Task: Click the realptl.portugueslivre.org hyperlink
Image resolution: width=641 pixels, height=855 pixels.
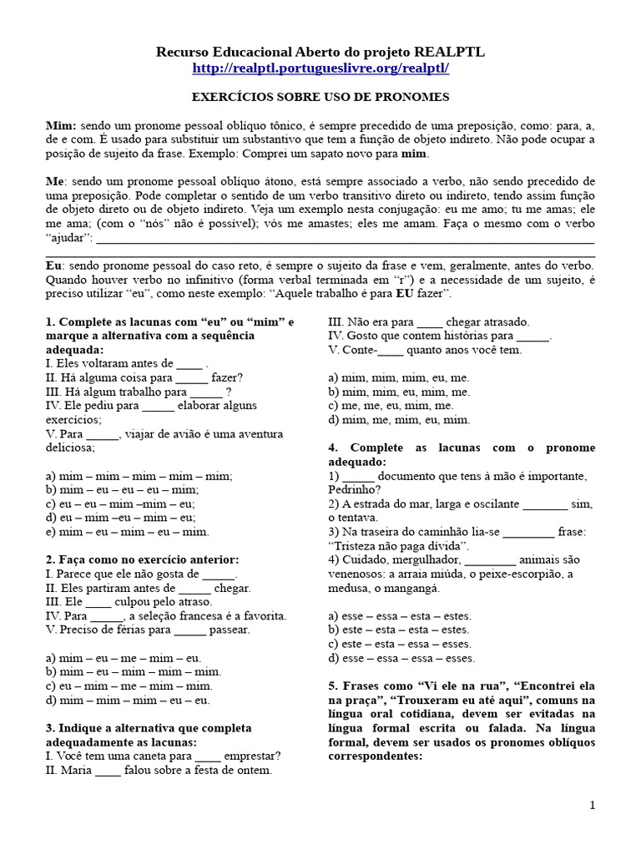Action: coord(320,68)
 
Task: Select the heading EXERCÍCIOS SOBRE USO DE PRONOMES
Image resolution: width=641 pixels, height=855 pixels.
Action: coord(320,97)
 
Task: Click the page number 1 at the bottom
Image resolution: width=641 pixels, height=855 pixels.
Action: coord(592,805)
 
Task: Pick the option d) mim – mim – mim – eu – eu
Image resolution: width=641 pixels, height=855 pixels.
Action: coord(129,700)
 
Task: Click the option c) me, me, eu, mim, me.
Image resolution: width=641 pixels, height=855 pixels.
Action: coord(400,406)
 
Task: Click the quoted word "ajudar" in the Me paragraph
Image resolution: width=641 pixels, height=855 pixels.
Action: coord(71,240)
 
